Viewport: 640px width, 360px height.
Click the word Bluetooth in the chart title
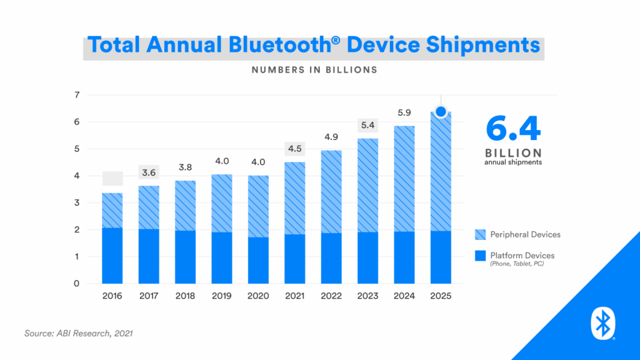pyautogui.click(x=283, y=45)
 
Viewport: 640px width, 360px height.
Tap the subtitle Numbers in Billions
pyautogui.click(x=314, y=70)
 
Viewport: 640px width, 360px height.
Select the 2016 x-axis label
pyautogui.click(x=112, y=296)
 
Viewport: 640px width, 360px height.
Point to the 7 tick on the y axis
pyautogui.click(x=77, y=95)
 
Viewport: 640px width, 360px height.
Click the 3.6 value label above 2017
pyautogui.click(x=149, y=172)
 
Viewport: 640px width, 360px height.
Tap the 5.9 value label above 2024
pyautogui.click(x=404, y=113)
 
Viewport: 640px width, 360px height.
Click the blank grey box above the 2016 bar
pyautogui.click(x=112, y=179)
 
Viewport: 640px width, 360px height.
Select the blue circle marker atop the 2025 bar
pyautogui.click(x=441, y=112)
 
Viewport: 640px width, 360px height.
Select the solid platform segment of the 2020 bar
pyautogui.click(x=258, y=260)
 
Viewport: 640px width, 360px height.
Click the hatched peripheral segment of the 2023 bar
pyautogui.click(x=368, y=185)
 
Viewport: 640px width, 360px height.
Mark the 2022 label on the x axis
pyautogui.click(x=331, y=296)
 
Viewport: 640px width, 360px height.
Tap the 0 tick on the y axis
pyautogui.click(x=77, y=284)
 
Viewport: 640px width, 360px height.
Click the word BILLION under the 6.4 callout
pyautogui.click(x=513, y=153)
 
